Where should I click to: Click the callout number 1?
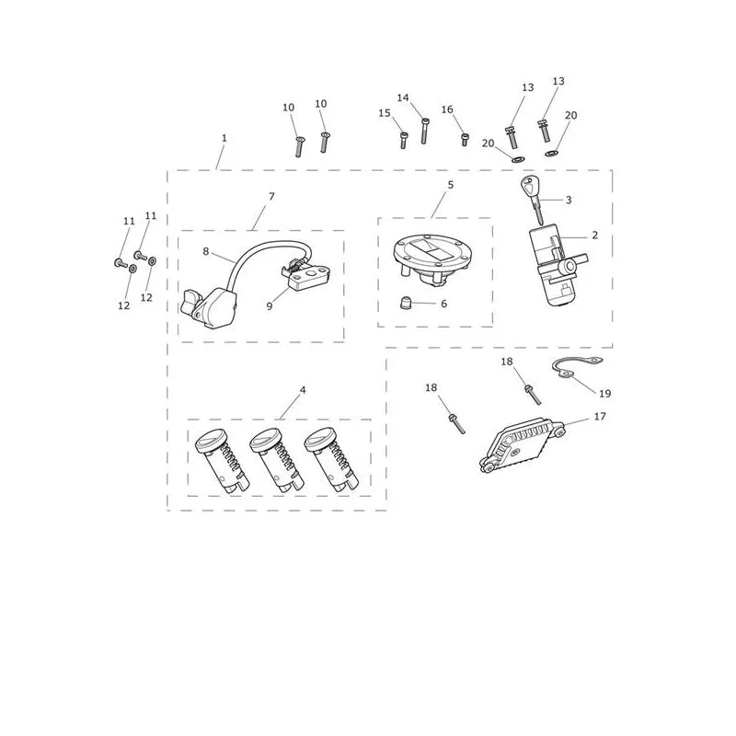coord(224,138)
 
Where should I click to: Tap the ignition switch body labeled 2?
coord(558,265)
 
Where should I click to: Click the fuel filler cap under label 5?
coord(431,259)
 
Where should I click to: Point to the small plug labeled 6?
coord(405,303)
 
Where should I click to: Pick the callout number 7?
coord(271,196)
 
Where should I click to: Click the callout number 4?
coord(303,390)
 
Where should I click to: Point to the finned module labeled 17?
coord(521,443)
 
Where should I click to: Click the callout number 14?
coord(403,98)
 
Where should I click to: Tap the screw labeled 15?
coord(404,141)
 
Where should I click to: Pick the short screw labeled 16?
coord(465,140)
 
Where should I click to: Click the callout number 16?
coord(447,109)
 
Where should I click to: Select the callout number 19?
coord(605,394)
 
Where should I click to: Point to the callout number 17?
coord(600,417)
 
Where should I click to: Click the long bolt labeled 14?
coord(424,131)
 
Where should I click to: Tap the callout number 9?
coord(270,306)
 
